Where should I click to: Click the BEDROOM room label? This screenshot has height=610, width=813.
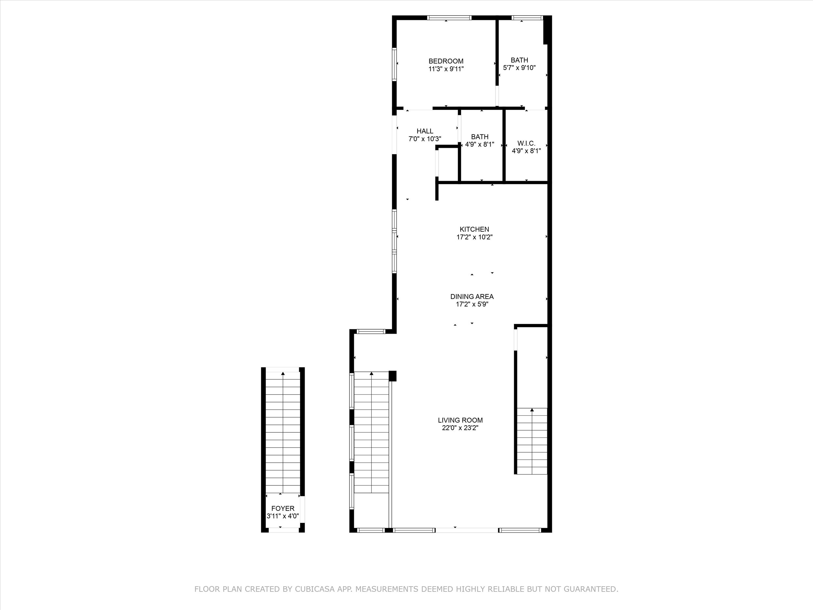(x=446, y=61)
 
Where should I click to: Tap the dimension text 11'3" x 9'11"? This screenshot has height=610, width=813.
(x=446, y=69)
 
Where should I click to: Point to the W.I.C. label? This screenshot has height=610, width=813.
(x=526, y=143)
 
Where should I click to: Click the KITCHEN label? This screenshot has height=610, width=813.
(x=474, y=229)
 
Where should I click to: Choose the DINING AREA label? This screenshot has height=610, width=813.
(x=472, y=296)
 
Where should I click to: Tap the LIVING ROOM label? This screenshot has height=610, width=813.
(x=460, y=420)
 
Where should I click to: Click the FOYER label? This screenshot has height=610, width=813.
(x=283, y=508)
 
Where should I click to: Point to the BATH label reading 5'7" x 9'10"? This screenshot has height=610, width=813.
(x=519, y=60)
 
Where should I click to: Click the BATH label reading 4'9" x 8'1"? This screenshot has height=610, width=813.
(x=480, y=137)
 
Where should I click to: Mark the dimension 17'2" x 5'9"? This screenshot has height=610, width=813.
(x=472, y=305)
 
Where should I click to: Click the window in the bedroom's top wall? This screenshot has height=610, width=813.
(x=449, y=17)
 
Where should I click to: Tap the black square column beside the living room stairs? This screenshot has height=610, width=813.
(x=392, y=376)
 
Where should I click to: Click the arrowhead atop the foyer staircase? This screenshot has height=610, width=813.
(x=283, y=373)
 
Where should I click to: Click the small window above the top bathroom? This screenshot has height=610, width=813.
(x=527, y=17)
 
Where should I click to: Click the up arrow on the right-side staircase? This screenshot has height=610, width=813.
(x=532, y=410)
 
